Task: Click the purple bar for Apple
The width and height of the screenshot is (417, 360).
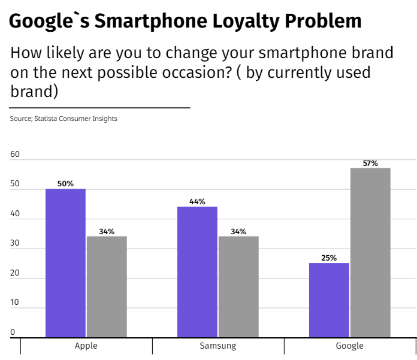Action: [x=65, y=263]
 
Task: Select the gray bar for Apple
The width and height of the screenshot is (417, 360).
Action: [x=107, y=287]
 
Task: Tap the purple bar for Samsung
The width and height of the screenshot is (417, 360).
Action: [x=197, y=272]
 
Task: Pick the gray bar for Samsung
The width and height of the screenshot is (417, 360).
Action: [x=238, y=287]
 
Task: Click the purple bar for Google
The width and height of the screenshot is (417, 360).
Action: [x=329, y=300]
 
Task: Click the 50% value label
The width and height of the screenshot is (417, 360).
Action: [x=65, y=184]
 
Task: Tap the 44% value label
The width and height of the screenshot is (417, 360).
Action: [x=197, y=202]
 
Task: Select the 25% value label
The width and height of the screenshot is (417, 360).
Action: [x=329, y=258]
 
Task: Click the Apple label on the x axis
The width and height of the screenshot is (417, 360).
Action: [x=86, y=346]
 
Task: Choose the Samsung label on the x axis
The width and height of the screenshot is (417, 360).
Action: [x=218, y=346]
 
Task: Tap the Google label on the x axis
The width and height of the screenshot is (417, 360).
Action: [x=350, y=346]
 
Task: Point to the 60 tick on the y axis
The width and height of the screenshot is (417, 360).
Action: [x=15, y=155]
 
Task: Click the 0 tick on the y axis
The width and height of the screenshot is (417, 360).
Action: [x=13, y=332]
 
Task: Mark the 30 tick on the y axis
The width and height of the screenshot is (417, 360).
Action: [x=15, y=243]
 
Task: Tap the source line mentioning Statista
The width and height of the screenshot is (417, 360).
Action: [x=64, y=119]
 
